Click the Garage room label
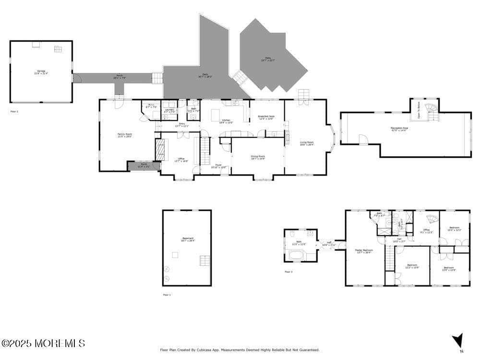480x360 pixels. tap(41, 72)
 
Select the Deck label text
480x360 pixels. tap(203, 75)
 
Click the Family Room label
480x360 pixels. tap(125, 135)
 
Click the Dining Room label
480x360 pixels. tap(258, 157)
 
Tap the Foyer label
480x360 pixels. tap(218, 166)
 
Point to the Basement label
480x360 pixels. tap(188, 239)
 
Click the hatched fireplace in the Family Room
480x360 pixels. tap(160, 149)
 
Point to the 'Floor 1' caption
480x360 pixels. tap(167, 295)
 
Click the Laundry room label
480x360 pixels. tap(168, 110)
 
